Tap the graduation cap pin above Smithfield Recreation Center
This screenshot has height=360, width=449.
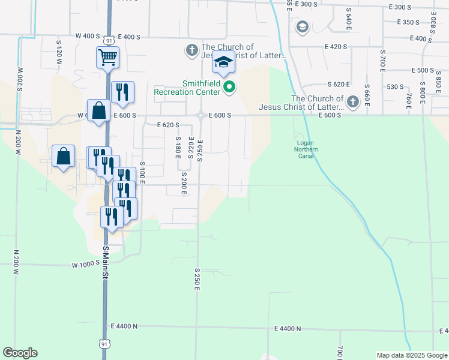[223, 62]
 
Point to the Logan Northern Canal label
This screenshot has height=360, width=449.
[304, 149]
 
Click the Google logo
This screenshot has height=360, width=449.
[20, 353]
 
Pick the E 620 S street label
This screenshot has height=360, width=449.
[168, 125]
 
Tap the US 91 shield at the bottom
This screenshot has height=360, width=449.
[105, 344]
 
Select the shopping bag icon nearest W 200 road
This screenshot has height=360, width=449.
[63, 156]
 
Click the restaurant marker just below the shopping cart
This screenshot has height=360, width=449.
[122, 92]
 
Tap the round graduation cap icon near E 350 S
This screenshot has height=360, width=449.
[302, 26]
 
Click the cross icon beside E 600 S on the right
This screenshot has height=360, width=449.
[352, 102]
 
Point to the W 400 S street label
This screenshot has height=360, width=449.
[87, 37]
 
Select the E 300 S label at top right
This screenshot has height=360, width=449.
[402, 7]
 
